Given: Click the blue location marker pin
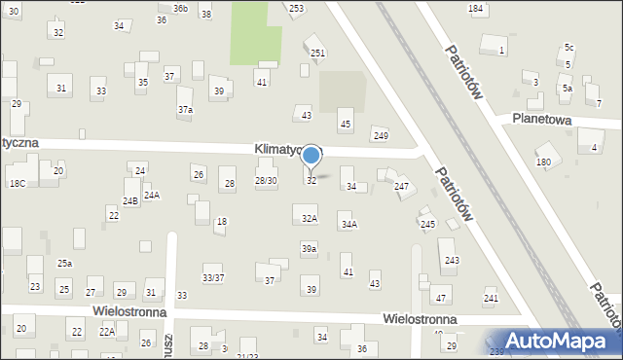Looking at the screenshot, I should [311, 156].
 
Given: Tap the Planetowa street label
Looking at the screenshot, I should [558, 120].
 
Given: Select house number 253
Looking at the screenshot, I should [296, 8].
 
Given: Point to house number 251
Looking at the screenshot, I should [317, 53].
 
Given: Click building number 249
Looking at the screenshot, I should [381, 135].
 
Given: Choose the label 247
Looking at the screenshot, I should [401, 186].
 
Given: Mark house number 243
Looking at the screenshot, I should [452, 260].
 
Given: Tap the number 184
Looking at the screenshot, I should [475, 8].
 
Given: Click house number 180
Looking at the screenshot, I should [543, 162].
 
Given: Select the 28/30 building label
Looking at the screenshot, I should [266, 180].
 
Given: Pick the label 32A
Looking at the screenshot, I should [309, 219].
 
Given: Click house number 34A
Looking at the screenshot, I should [348, 225].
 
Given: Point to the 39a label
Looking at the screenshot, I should [309, 250].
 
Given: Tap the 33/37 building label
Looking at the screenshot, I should [213, 277].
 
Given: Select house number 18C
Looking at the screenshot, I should [18, 183].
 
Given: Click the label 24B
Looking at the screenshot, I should [130, 201].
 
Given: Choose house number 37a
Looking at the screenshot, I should [185, 110].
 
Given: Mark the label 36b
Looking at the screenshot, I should [180, 8].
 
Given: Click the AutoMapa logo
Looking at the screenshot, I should [550, 342].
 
